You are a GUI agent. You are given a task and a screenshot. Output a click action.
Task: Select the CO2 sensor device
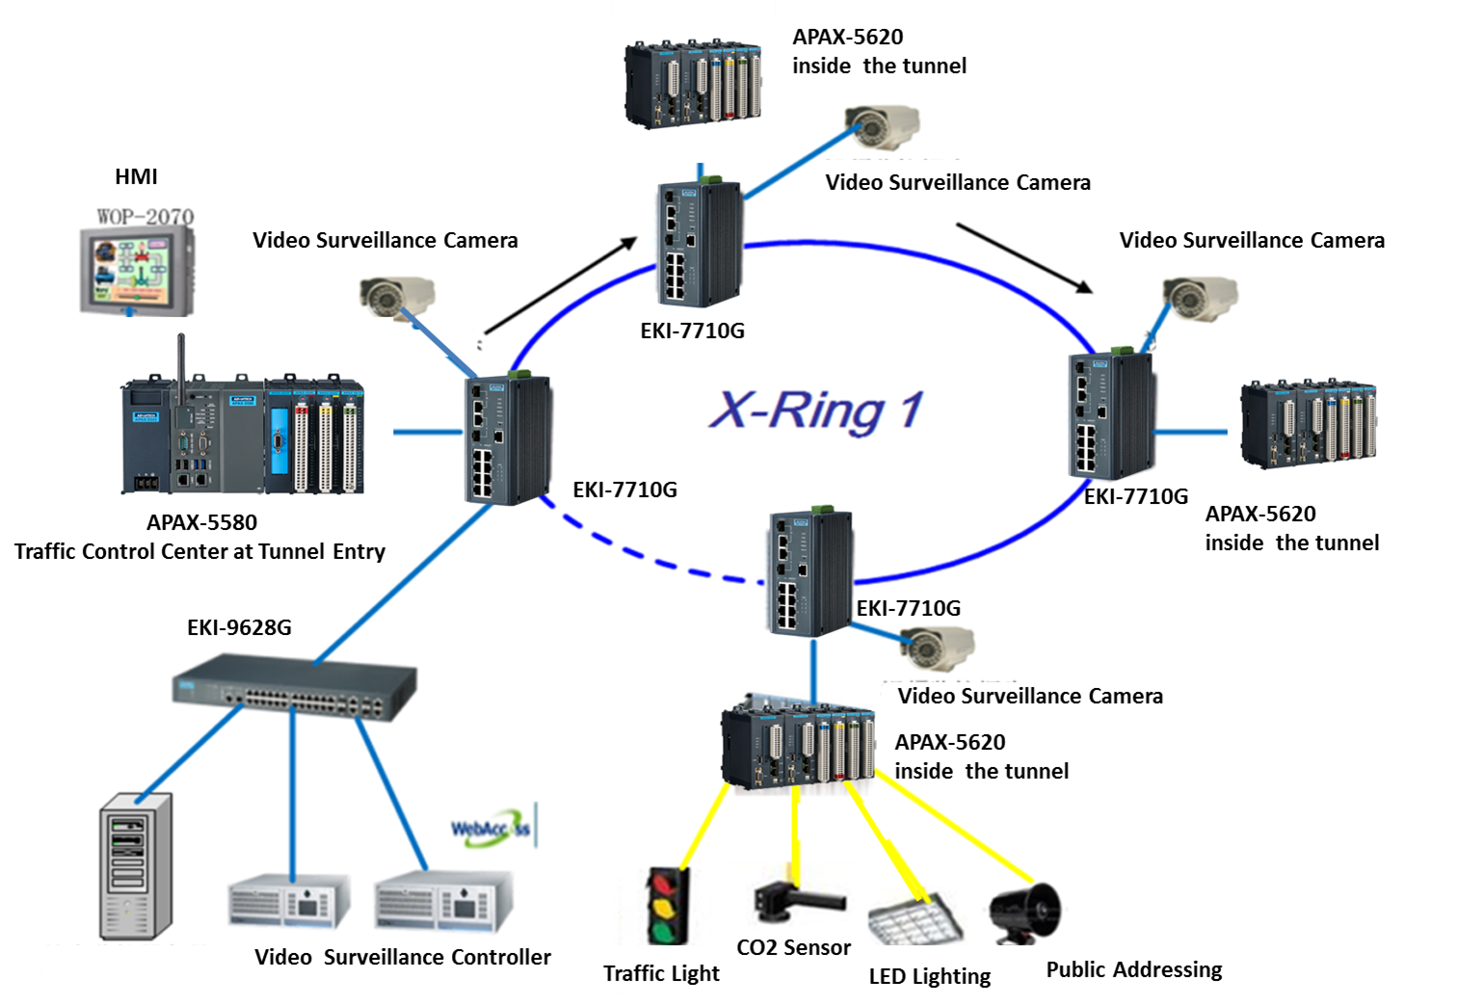coord(796,901)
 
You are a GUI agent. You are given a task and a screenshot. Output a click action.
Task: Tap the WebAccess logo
coord(491,829)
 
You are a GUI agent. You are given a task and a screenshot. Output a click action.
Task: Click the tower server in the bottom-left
coord(135,866)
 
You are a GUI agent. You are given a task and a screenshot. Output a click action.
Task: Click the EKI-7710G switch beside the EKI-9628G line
coord(508,439)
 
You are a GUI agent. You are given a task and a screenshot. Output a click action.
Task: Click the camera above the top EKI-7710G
coord(881,126)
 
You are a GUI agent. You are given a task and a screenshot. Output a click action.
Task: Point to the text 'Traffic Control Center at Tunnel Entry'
coord(199,551)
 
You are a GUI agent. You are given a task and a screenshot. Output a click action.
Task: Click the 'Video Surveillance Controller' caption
coord(403,957)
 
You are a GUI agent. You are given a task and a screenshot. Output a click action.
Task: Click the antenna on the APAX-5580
coord(180,366)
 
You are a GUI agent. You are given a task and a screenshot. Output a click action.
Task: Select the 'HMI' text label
coord(136,176)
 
